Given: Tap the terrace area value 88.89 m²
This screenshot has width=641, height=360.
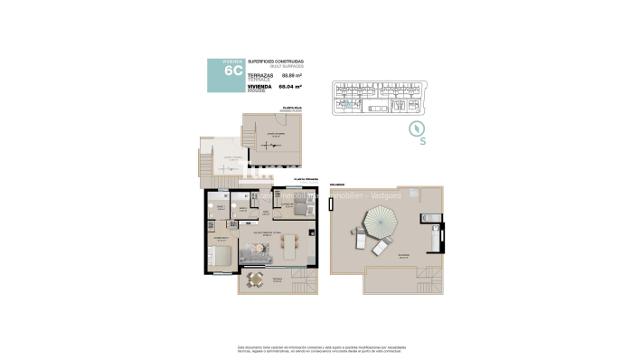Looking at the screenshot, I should pyautogui.click(x=290, y=77).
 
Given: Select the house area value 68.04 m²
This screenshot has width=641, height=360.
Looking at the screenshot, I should pyautogui.click(x=290, y=87).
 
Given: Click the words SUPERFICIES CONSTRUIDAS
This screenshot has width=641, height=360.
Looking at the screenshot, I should pyautogui.click(x=276, y=61).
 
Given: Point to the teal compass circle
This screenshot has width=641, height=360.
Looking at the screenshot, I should pyautogui.click(x=417, y=128).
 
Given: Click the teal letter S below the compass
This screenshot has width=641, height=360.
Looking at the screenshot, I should pyautogui.click(x=422, y=141).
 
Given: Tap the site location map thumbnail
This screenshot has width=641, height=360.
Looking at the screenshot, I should pyautogui.click(x=386, y=98).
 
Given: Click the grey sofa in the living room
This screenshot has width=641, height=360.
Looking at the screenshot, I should pyautogui.click(x=256, y=256).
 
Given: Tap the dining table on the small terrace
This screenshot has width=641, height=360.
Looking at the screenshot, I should pyautogui.click(x=256, y=280).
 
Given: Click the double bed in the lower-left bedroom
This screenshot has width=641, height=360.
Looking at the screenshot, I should pyautogui.click(x=220, y=255).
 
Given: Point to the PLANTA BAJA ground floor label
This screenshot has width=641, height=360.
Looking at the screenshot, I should pyautogui.click(x=292, y=108).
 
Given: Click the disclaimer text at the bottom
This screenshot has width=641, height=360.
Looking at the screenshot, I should pyautogui.click(x=320, y=349).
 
